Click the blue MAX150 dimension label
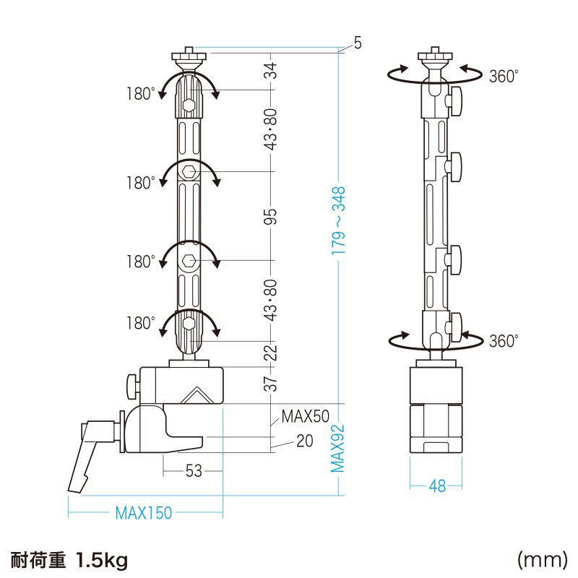click(144, 513)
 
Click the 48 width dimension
click(437, 486)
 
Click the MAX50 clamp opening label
click(305, 416)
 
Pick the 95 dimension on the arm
click(270, 216)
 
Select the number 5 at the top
click(358, 43)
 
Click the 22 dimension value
click(270, 352)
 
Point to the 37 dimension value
click(270, 384)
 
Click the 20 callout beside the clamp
click(305, 441)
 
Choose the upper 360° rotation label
click(504, 77)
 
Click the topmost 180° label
click(140, 94)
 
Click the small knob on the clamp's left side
click(131, 385)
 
